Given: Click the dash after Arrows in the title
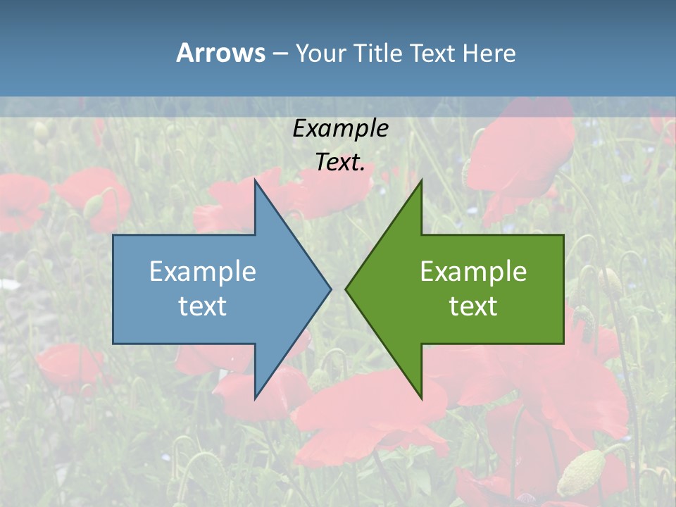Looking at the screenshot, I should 280,54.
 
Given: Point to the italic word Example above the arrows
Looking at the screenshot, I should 340,129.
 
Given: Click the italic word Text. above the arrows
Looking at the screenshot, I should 340,163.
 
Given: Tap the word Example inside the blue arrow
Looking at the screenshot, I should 203,272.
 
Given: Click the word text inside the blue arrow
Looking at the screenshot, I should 203,306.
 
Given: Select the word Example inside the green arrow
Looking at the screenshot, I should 473,272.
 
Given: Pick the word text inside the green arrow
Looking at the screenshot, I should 473,306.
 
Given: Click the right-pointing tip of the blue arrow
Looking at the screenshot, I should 330,289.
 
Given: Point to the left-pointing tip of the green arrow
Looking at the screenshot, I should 346,289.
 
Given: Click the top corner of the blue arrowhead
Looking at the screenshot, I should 256,180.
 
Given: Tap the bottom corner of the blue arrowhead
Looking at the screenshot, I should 256,399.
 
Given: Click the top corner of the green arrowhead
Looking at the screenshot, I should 421,181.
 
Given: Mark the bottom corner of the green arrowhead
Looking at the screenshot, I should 421,399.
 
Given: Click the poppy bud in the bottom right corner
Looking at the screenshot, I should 582,472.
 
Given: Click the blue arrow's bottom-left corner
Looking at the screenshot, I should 113,343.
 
